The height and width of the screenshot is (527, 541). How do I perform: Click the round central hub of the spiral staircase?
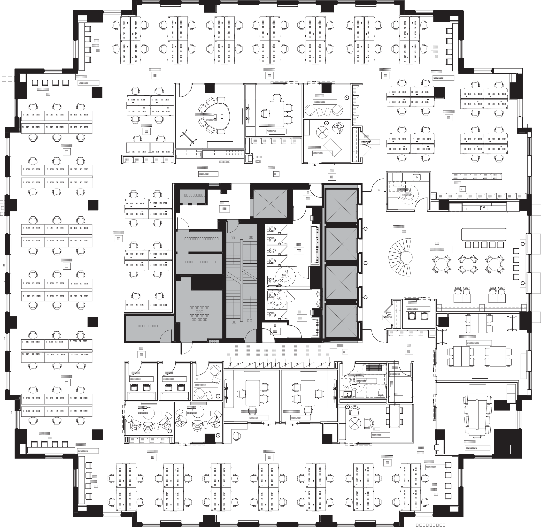coord(406,258)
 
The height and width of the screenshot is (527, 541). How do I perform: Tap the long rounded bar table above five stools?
coord(484,234)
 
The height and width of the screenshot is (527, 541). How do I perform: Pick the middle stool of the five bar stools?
coord(484,245)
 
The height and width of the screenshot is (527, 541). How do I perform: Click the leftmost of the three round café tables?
coord(441,264)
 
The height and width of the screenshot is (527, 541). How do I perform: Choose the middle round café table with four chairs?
coord(468,264)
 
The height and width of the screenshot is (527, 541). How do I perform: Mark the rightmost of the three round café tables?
coord(494,264)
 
